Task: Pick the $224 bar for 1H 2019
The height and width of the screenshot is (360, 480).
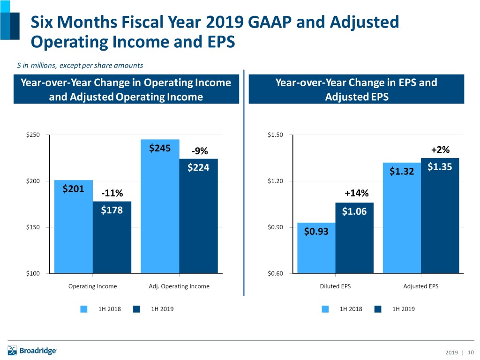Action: point(198,216)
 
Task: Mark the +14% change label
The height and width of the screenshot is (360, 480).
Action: point(356,193)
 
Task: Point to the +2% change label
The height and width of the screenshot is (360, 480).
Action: point(440,150)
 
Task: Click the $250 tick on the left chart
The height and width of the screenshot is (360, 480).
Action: point(32,135)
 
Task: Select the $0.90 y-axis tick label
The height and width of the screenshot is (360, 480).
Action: point(275,227)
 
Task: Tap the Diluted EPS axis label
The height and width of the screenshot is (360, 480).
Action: point(336,286)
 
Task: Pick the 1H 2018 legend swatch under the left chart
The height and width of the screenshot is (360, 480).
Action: point(84,309)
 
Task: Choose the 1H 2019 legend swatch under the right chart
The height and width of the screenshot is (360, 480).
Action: point(378,309)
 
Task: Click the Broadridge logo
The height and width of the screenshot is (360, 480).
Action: point(32,350)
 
